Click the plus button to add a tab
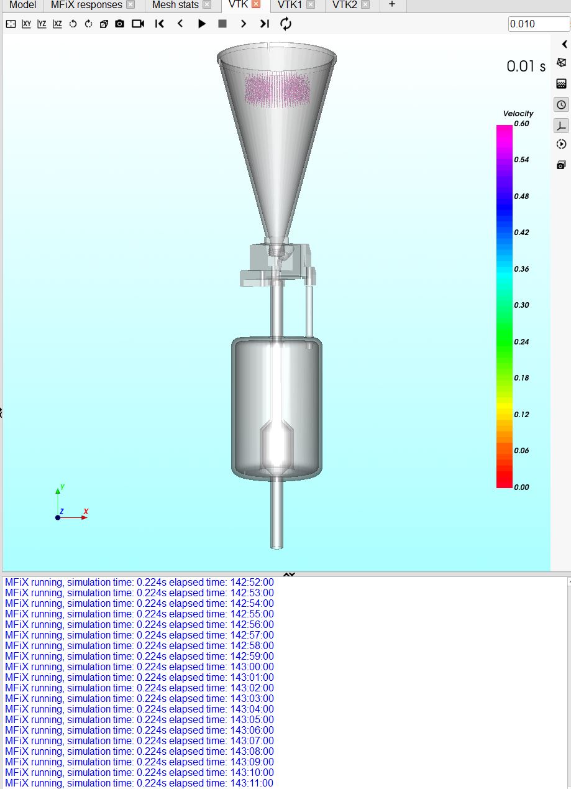[x=392, y=4]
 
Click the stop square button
[x=222, y=24]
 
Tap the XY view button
[x=26, y=24]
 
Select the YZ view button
[x=42, y=24]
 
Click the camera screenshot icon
[x=120, y=24]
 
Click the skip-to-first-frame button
[x=160, y=24]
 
